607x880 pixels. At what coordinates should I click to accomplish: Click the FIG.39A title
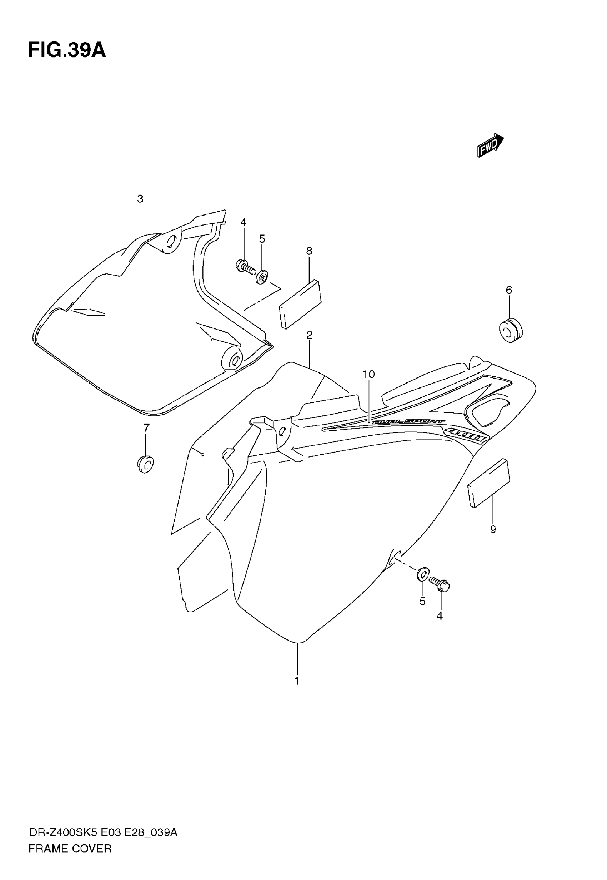[67, 50]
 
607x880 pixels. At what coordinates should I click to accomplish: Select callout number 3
[140, 199]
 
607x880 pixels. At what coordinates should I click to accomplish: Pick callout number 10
[368, 375]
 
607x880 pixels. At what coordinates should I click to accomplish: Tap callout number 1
[297, 681]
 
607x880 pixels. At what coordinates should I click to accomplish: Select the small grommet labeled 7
[145, 464]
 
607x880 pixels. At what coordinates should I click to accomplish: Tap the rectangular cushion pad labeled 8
[300, 304]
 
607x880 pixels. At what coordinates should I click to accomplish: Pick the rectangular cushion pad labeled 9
[489, 483]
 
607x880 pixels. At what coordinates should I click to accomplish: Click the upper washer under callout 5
[262, 277]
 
